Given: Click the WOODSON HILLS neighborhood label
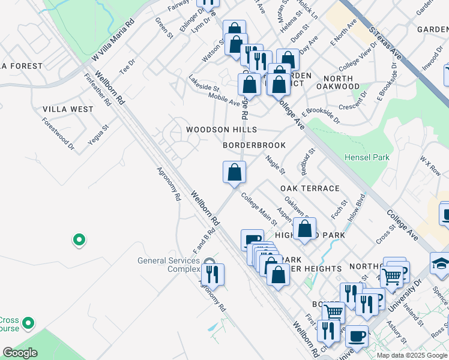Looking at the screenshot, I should pyautogui.click(x=221, y=130).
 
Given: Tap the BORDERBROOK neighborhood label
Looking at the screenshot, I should pyautogui.click(x=254, y=145).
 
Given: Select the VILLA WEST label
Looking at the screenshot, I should pyautogui.click(x=68, y=109).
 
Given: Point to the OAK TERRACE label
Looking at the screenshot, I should pyautogui.click(x=310, y=188).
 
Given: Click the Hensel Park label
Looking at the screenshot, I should pyautogui.click(x=367, y=157).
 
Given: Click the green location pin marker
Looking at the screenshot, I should pyautogui.click(x=79, y=241).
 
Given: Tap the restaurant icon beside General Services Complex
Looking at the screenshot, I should pyautogui.click(x=212, y=274).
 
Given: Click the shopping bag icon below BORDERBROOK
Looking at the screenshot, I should pyautogui.click(x=234, y=172).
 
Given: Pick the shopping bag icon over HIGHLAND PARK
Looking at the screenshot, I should pyautogui.click(x=305, y=229).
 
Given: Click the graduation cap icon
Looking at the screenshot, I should pyautogui.click(x=440, y=263).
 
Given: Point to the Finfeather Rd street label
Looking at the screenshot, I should pyautogui.click(x=97, y=89).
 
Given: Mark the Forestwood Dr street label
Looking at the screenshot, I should pyautogui.click(x=58, y=133).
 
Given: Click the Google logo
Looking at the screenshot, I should pyautogui.click(x=20, y=352).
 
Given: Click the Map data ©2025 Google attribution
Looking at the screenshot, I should pyautogui.click(x=411, y=355).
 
